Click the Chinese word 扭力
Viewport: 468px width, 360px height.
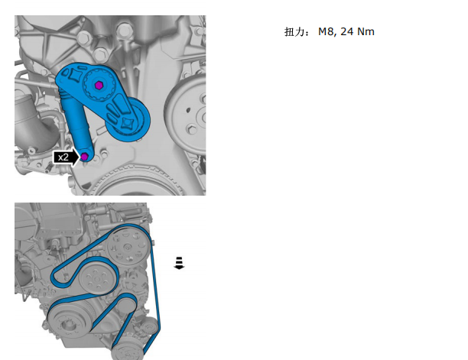click(x=294, y=31)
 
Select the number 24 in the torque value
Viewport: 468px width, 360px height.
click(x=346, y=31)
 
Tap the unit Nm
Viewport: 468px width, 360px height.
click(x=366, y=31)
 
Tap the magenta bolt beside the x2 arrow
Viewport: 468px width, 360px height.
click(x=85, y=156)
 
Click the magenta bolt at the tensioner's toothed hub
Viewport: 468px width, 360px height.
click(x=99, y=86)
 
